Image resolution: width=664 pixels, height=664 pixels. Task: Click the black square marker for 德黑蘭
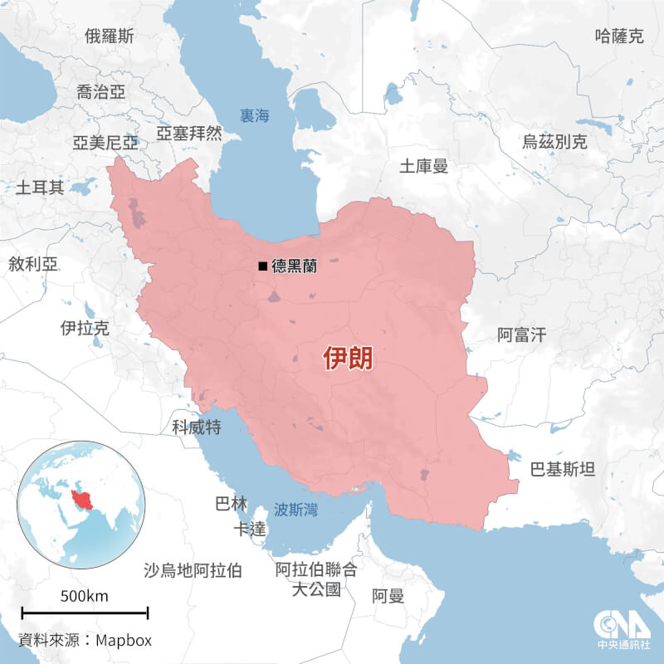coord(263,266)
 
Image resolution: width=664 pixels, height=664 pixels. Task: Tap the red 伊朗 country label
coord(348,359)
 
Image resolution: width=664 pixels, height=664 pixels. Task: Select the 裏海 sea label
coord(254,116)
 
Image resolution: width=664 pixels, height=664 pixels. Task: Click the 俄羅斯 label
coord(110,36)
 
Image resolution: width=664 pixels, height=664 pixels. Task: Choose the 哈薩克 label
coord(619,36)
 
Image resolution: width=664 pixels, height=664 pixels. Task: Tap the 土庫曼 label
coord(423,166)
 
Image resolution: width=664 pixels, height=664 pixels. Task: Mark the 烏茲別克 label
coord(554,141)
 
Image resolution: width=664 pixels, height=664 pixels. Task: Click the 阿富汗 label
coord(522,335)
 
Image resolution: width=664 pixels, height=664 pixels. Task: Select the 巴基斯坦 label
coord(563,470)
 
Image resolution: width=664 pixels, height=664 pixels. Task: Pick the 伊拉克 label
coord(85,328)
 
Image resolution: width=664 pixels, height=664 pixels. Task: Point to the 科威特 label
coord(196,427)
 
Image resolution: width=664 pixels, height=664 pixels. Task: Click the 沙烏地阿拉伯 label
coord(193,570)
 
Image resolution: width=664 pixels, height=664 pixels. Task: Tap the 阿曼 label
coord(388,596)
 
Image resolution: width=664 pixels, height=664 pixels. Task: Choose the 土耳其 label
coord(40,187)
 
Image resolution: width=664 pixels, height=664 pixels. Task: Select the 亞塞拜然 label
coord(189,133)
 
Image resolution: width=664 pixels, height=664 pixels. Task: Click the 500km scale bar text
coord(84,597)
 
